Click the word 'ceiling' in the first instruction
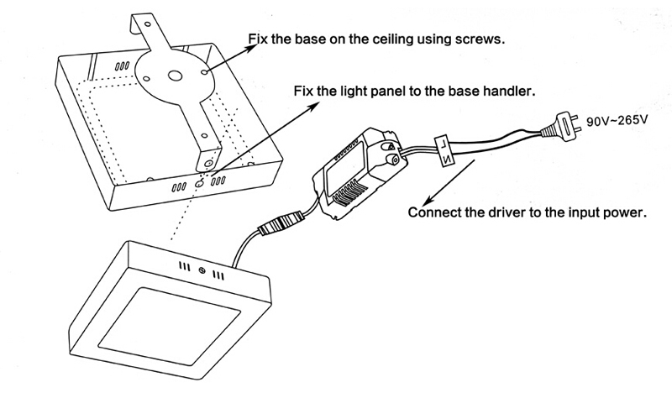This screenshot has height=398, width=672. tap(387, 39)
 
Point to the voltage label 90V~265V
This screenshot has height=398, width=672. tap(617, 122)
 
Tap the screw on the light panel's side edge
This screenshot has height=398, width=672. tap(202, 270)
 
